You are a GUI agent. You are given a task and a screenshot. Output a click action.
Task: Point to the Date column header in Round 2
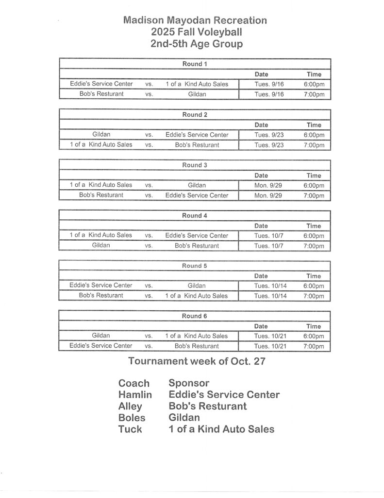click(x=261, y=125)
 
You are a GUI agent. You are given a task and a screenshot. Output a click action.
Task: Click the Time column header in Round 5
click(x=314, y=276)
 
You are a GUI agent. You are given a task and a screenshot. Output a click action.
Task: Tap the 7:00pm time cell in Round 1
click(x=314, y=94)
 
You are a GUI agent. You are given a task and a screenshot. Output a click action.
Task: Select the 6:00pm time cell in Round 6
click(x=314, y=336)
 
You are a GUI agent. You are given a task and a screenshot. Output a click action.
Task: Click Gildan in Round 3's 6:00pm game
click(x=197, y=185)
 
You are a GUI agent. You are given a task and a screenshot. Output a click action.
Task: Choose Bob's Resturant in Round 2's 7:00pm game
click(x=197, y=145)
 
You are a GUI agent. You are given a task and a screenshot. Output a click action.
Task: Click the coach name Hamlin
click(x=135, y=395)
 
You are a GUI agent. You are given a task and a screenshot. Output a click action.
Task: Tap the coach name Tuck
click(x=130, y=429)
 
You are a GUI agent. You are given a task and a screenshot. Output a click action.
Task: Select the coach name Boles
click(x=132, y=417)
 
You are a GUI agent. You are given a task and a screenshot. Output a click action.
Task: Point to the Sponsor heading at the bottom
click(x=189, y=383)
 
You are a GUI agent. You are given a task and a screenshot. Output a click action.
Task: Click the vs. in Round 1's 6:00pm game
click(x=149, y=84)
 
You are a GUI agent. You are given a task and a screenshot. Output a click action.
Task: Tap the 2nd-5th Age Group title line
click(x=197, y=44)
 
